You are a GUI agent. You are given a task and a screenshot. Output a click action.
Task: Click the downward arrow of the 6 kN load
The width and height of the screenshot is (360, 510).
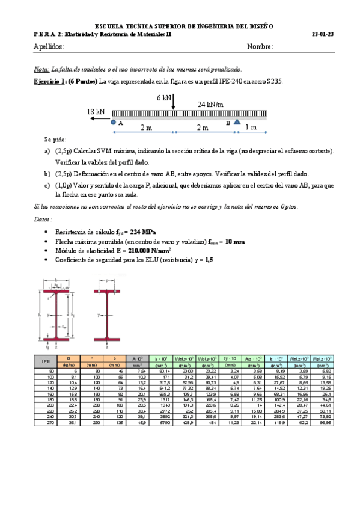(x=173, y=103)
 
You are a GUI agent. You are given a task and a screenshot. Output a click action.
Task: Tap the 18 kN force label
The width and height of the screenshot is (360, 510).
(x=96, y=112)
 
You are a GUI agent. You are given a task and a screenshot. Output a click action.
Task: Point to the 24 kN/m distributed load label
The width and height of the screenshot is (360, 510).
(x=210, y=104)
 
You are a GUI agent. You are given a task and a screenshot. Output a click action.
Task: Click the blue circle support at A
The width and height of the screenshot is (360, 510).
(x=114, y=123)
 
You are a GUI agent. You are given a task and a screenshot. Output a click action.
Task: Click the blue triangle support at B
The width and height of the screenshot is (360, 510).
(x=237, y=123)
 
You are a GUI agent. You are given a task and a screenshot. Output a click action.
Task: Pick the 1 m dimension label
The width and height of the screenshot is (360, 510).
(x=251, y=127)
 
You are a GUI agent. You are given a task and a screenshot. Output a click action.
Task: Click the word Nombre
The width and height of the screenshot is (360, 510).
(x=260, y=47)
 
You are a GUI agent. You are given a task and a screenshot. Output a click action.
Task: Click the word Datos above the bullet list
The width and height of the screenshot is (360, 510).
(x=42, y=220)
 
